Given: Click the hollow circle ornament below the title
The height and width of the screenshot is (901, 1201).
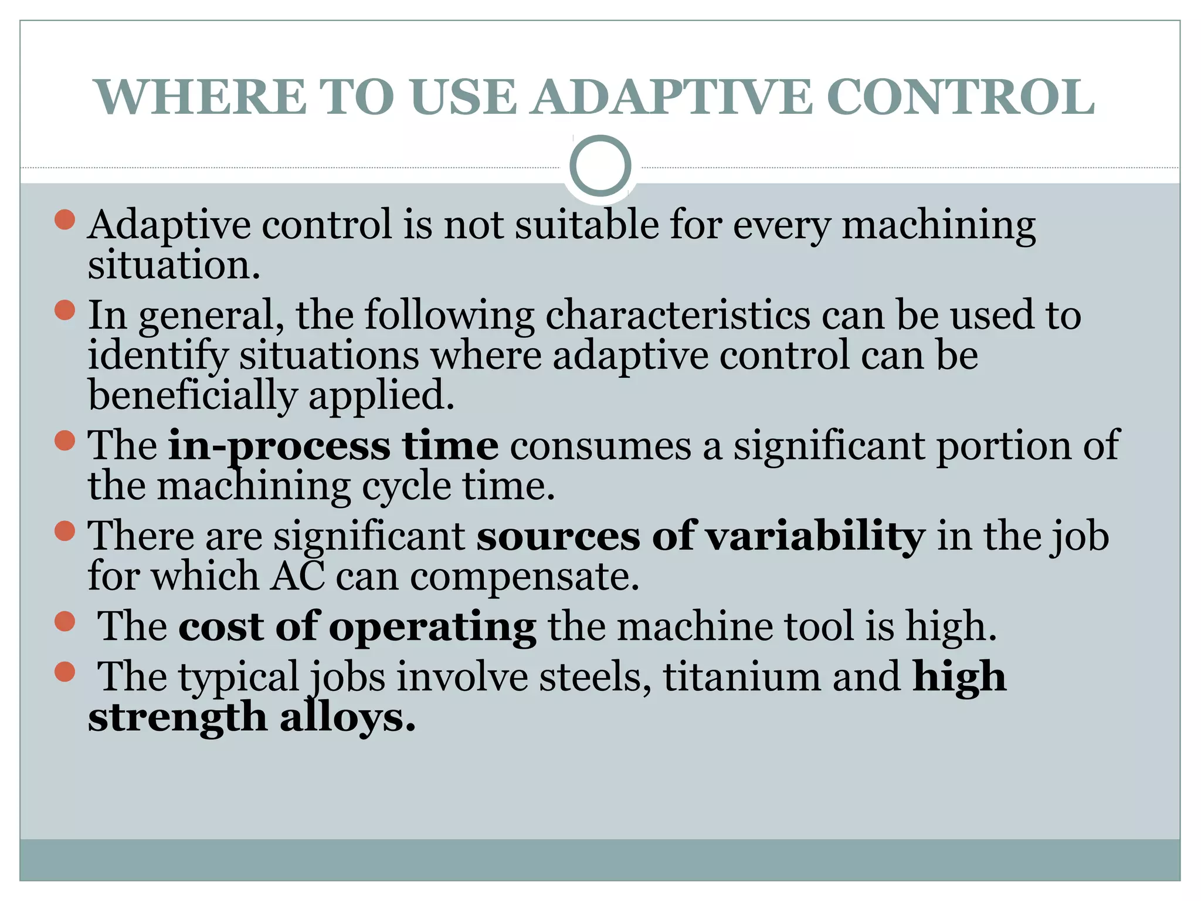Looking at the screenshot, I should coord(600,166).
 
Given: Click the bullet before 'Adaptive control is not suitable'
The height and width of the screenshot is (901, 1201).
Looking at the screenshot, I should coord(65,219).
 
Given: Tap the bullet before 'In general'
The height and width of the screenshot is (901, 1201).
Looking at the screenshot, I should coord(65,310).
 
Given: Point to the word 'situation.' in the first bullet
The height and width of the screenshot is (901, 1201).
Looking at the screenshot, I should coord(174,266).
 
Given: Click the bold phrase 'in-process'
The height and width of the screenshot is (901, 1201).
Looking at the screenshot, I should coord(279,446).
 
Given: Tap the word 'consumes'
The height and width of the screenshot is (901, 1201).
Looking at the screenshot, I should coord(600,446).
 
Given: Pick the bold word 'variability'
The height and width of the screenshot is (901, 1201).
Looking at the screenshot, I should coord(815,537).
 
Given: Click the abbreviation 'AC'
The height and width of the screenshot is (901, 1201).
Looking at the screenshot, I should coord(297,577).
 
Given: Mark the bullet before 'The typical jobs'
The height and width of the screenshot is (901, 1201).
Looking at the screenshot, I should coord(65,672).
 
